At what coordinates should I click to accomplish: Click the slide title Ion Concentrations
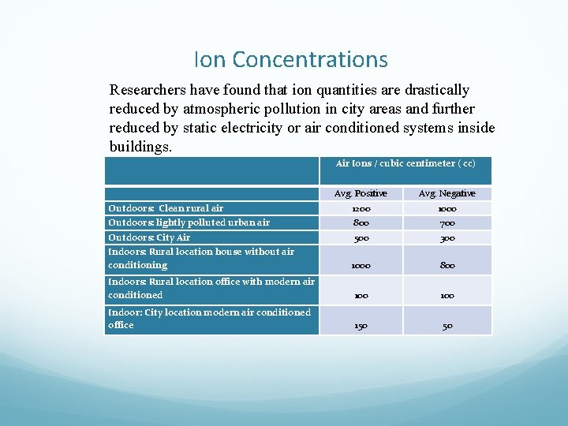[290, 60]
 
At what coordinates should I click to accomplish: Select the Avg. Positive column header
[361, 193]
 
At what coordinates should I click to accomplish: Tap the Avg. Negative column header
[447, 193]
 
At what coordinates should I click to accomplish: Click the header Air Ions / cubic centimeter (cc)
[405, 163]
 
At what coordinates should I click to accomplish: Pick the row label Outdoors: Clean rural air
[166, 208]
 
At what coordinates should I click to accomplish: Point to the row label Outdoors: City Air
[149, 237]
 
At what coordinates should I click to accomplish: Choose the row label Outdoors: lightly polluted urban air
[189, 222]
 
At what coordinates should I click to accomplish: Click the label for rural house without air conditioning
[201, 258]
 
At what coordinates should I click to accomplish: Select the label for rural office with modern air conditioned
[211, 288]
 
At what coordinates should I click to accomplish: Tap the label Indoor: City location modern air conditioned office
[209, 318]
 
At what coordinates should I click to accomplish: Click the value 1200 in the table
[361, 209]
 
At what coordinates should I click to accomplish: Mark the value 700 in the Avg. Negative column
[447, 223]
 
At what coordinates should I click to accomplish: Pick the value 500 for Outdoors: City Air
[361, 237]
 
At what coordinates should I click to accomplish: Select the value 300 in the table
[447, 237]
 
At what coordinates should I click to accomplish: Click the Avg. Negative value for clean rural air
[447, 209]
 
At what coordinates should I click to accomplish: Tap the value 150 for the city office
[361, 325]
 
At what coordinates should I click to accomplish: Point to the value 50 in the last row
[447, 325]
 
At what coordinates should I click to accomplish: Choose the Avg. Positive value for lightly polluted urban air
[361, 223]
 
